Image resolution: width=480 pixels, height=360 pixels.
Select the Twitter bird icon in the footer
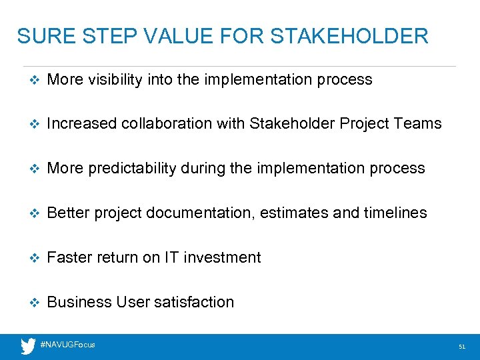point(28,346)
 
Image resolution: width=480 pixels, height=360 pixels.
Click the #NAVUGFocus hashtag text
point(67,345)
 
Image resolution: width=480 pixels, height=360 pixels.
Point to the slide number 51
point(461,347)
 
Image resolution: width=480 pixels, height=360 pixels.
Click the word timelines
point(395,213)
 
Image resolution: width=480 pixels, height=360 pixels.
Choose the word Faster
point(69,258)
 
